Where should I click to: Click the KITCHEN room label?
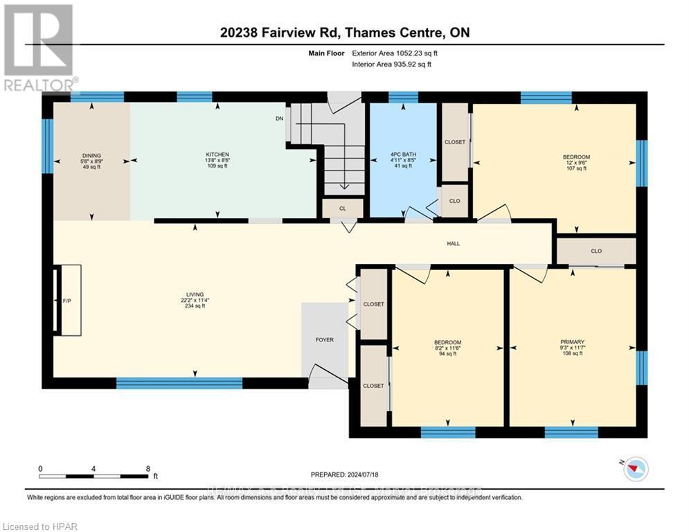point(217,154)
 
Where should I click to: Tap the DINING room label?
point(91,154)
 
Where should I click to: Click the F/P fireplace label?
point(67,301)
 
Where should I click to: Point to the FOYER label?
point(324,340)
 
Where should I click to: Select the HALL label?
point(453,244)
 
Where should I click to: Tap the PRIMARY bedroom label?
point(572,342)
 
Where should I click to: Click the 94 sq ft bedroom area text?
point(447,354)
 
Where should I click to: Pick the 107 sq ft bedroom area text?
point(576,168)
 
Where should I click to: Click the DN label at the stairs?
point(279,118)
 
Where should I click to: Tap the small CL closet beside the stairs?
point(342,208)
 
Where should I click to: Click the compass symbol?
point(635,470)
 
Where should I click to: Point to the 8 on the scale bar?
point(147,468)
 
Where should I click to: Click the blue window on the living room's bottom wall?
point(179,383)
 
